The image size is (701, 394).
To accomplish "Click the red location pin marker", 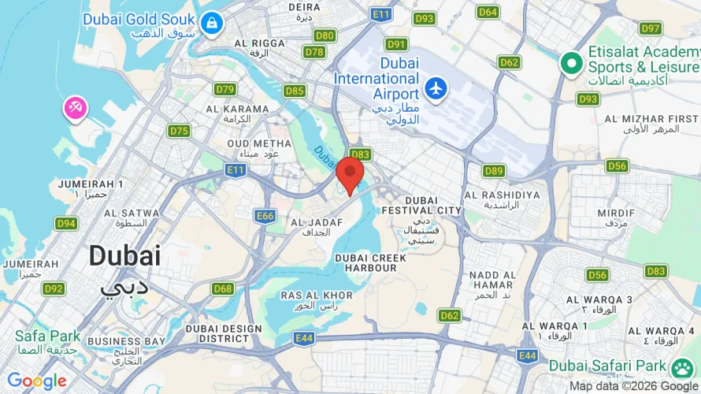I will tap(350, 172).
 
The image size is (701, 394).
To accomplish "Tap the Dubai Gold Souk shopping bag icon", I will tap(211, 24).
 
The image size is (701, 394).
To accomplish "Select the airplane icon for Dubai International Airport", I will tap(436, 87).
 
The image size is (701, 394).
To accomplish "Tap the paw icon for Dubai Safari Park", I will tap(681, 366).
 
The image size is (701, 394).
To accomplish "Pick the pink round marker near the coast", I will tap(75, 109).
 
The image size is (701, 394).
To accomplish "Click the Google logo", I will tap(37, 381).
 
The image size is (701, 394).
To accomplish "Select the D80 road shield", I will tap(325, 35).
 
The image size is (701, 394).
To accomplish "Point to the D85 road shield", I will tap(295, 91).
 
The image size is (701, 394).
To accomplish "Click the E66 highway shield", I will tap(265, 215).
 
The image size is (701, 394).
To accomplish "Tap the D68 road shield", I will tap(223, 288).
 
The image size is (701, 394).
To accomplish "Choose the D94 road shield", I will tap(66, 223).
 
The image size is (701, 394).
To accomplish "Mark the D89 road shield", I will tap(494, 170).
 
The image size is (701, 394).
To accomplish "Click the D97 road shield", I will tap(651, 28).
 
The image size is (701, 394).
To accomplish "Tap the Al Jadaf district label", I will tap(317, 227).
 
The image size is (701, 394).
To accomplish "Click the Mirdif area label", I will tap(615, 218).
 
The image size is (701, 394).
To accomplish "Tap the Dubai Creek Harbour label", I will tap(370, 262).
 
